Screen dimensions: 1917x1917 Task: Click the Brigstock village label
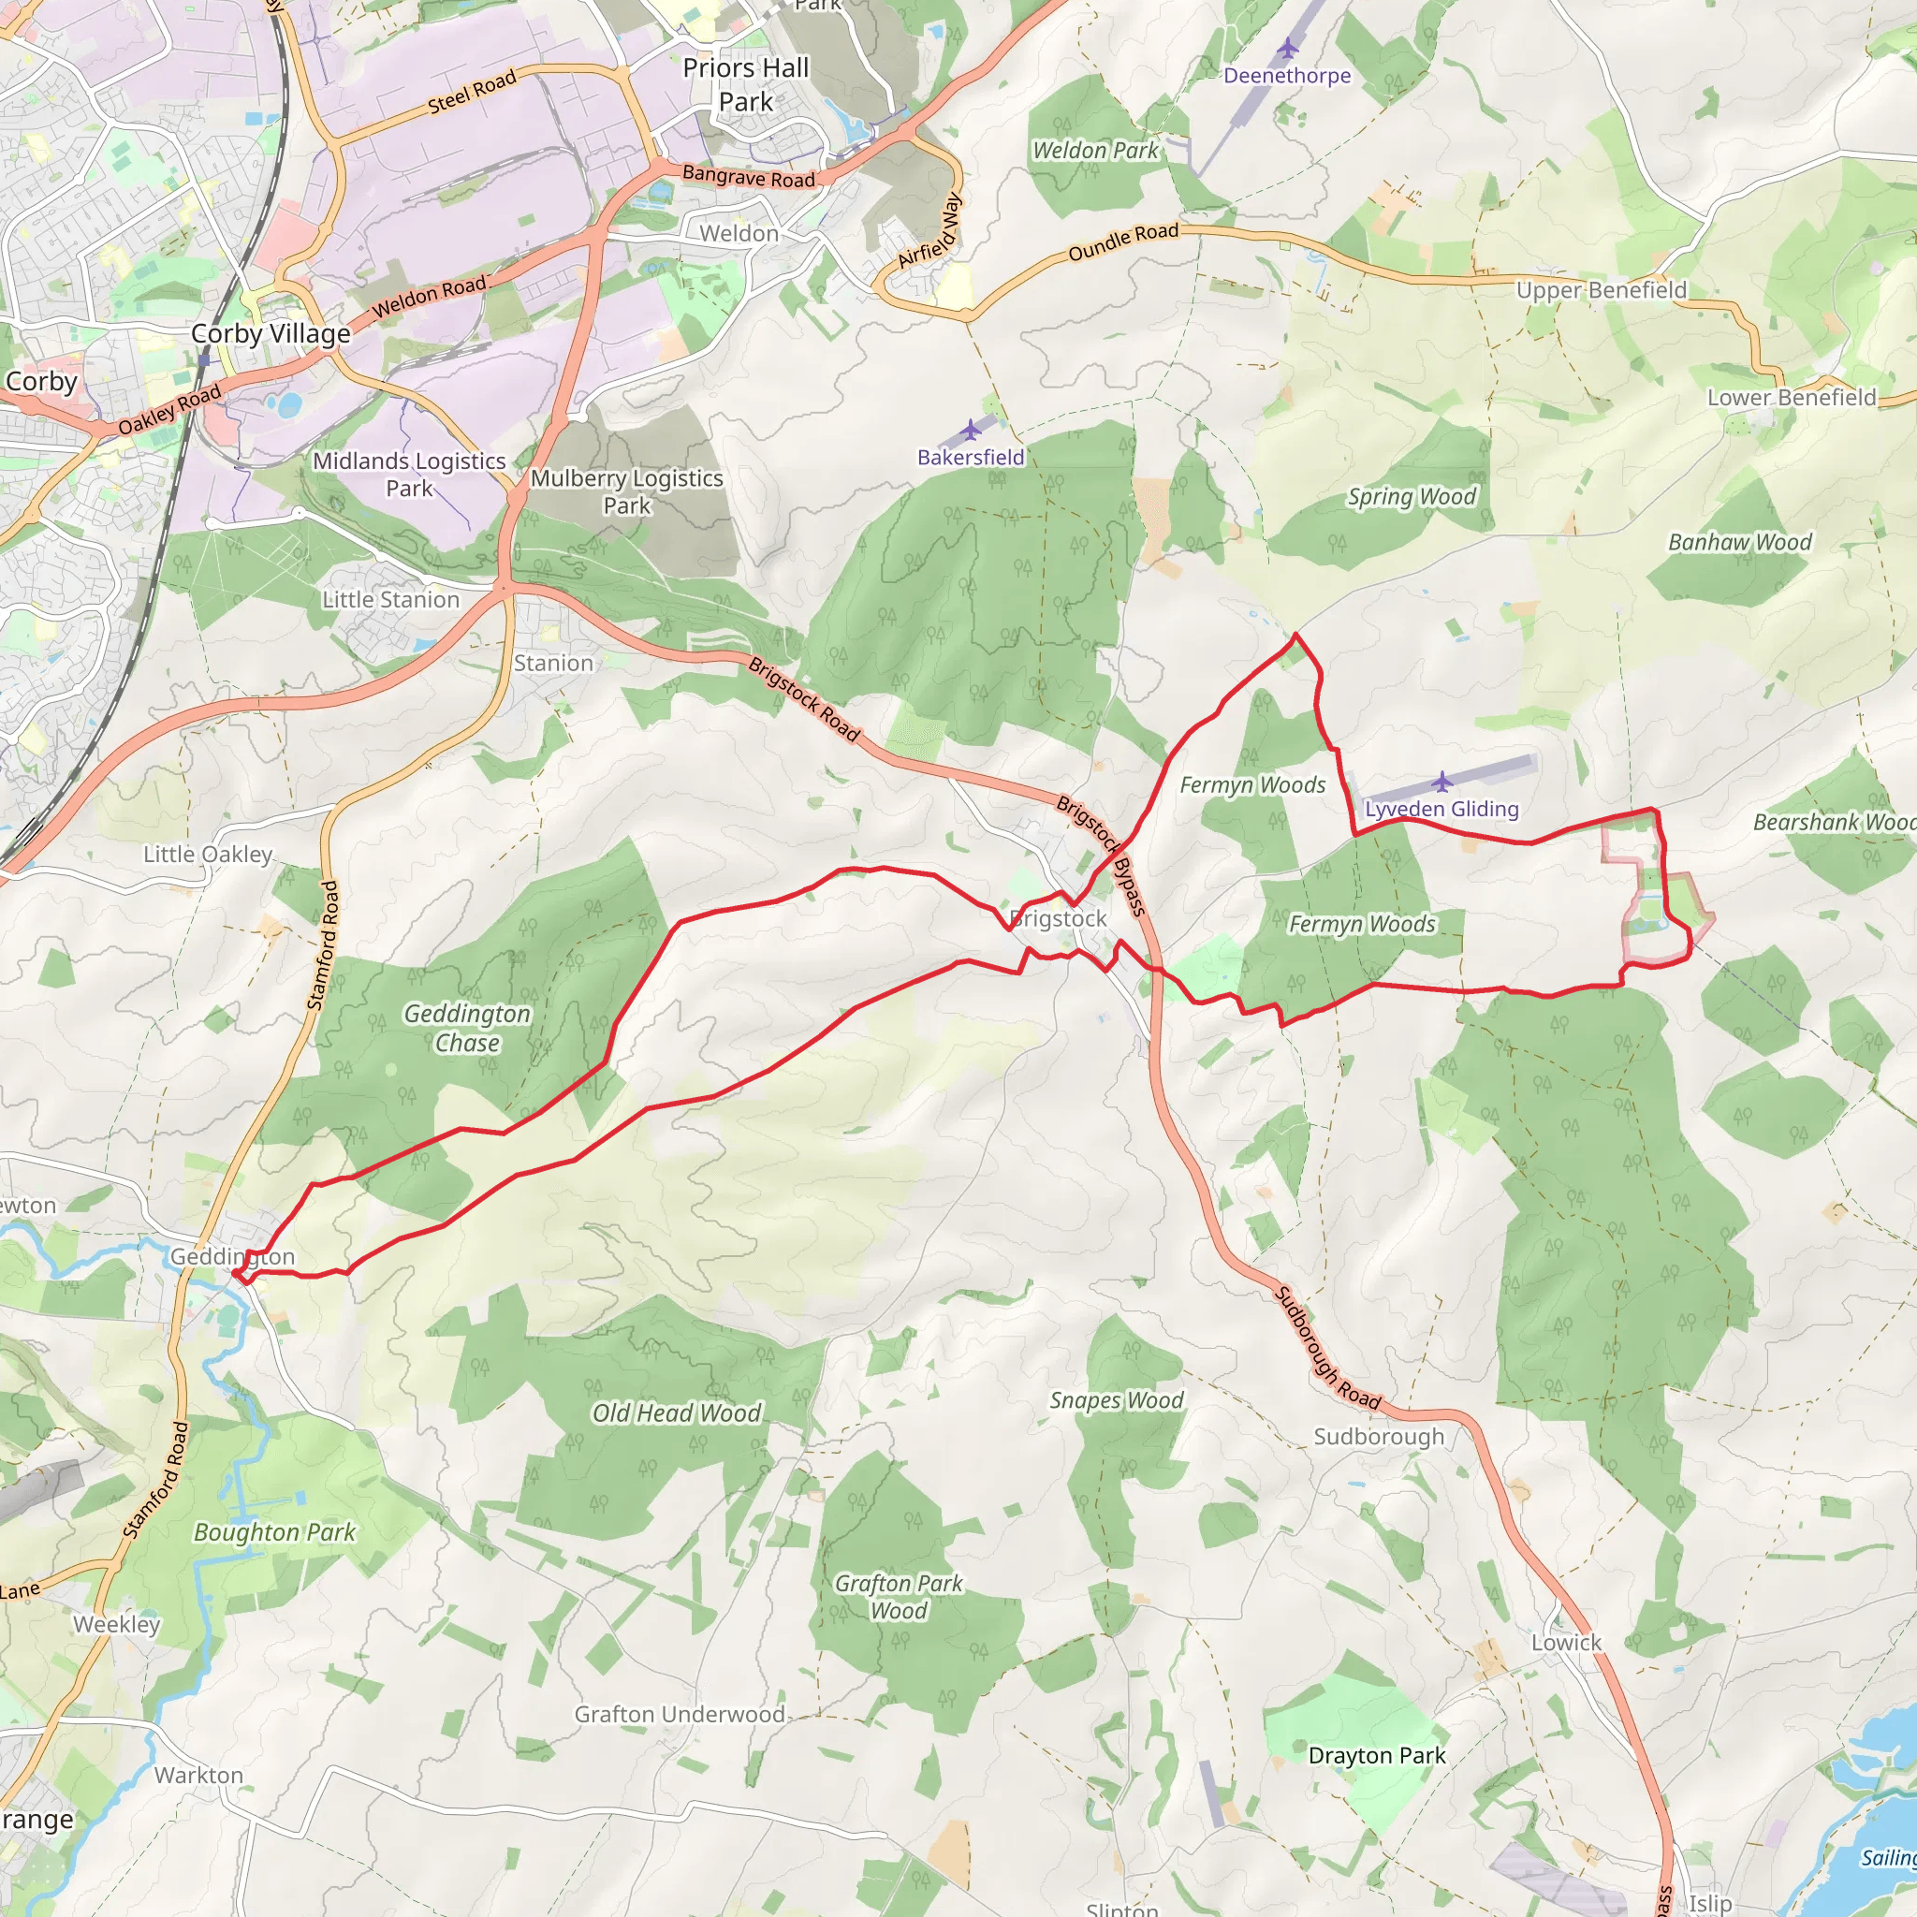(1059, 919)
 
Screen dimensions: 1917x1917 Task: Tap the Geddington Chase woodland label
(467, 1028)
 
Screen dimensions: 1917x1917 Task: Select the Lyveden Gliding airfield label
(1441, 809)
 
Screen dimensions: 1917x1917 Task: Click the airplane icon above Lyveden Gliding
(1441, 782)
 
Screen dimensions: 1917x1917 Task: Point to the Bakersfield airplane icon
(971, 430)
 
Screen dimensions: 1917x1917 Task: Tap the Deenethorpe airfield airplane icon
(1287, 48)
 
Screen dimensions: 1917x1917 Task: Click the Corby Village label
(271, 333)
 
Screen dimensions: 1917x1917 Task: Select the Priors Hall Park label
(746, 84)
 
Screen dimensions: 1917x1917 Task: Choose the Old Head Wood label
(677, 1412)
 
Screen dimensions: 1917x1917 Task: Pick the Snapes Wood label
(1117, 1400)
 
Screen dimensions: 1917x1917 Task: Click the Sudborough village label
(1378, 1437)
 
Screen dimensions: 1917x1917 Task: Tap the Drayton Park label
(1377, 1755)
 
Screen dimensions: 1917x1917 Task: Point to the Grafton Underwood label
(680, 1715)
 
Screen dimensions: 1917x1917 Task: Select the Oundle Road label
(1123, 242)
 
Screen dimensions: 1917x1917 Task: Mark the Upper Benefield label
(1602, 290)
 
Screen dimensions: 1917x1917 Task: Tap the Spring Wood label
(1412, 497)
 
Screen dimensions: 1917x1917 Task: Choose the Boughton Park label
(275, 1532)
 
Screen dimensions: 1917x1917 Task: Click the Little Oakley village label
(208, 855)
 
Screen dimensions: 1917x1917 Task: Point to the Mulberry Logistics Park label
(627, 491)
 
